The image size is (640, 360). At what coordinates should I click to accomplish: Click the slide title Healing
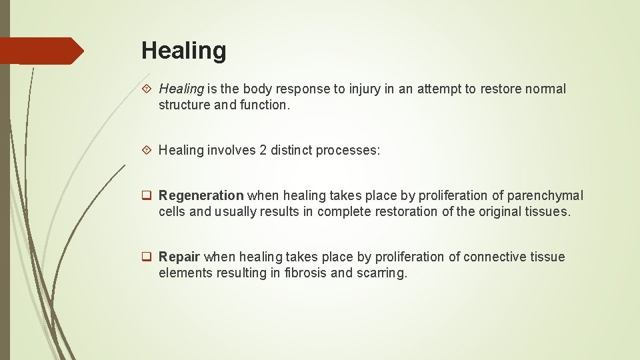183,51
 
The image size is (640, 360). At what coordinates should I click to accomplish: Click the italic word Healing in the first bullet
181,89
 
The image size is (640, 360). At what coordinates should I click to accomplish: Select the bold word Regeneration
201,195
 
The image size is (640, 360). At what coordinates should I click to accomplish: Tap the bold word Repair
179,257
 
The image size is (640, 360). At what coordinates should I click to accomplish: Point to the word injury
365,89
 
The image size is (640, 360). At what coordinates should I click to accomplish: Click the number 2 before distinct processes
263,150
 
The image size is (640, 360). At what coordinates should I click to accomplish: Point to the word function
267,105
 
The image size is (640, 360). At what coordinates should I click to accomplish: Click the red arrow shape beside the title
42,51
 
